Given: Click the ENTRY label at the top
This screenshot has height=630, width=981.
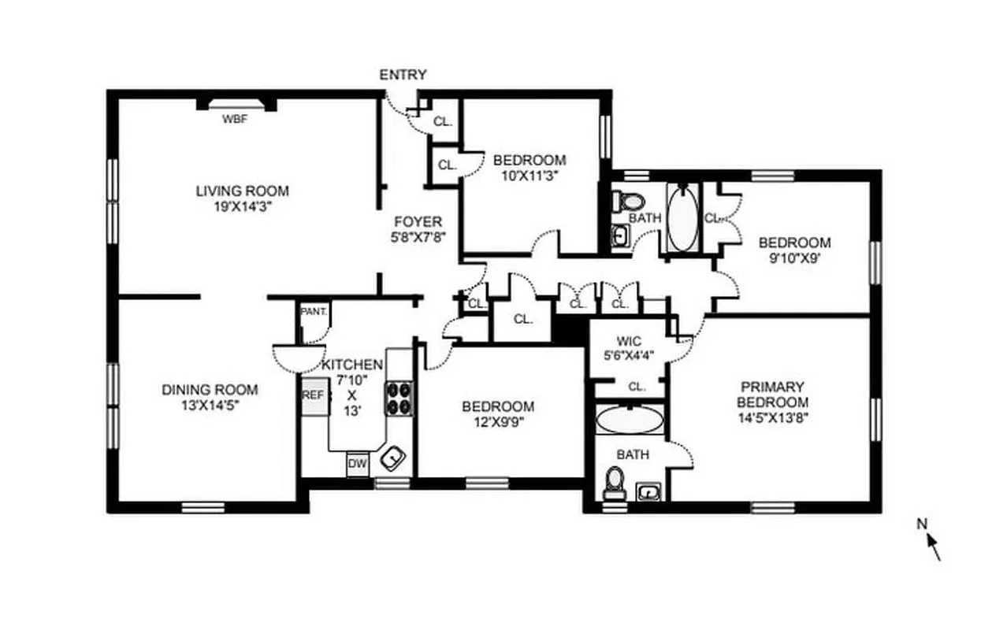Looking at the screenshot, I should click(403, 75).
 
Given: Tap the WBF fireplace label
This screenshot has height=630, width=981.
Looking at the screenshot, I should click(234, 120).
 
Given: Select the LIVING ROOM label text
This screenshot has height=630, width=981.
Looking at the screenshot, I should click(242, 191).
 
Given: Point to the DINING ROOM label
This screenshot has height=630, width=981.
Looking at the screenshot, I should click(210, 389).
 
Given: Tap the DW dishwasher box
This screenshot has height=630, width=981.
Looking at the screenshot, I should click(358, 464).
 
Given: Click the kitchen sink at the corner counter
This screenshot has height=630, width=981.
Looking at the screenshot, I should click(392, 457).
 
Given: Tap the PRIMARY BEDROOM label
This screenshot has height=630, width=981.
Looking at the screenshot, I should click(772, 395).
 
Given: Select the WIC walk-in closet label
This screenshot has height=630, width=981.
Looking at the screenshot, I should click(629, 342).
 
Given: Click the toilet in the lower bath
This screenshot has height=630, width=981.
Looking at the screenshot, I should click(614, 482).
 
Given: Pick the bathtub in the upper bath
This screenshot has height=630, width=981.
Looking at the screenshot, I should click(682, 218).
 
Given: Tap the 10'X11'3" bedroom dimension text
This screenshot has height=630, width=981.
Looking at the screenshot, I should click(530, 176).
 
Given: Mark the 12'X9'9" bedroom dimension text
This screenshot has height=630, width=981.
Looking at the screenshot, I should click(497, 421).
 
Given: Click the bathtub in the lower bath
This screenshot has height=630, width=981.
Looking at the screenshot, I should click(629, 420).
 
